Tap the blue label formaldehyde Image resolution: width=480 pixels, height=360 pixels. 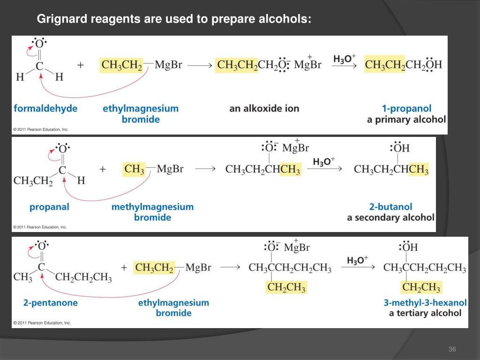click(45, 108)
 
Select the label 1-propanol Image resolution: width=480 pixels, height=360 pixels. click(406, 108)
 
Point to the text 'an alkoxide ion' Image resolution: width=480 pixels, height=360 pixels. click(264, 108)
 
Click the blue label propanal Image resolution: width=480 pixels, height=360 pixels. click(49, 207)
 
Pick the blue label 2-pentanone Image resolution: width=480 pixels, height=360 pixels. click(51, 303)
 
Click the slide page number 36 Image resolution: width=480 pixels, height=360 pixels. click(452, 349)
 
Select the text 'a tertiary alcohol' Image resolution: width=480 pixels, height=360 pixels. click(425, 313)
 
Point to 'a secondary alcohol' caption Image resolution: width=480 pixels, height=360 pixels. click(390, 217)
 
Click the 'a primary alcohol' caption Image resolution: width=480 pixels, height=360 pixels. click(406, 120)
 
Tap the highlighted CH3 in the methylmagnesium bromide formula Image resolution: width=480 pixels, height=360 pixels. click(135, 169)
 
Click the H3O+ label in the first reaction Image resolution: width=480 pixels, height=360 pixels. click(345, 59)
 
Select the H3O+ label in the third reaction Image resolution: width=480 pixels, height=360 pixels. click(357, 260)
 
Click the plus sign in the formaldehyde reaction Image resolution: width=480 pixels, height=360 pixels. click(81, 66)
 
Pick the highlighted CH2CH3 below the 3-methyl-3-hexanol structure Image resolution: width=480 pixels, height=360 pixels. click(421, 287)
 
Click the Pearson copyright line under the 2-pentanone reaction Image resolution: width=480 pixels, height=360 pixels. click(42, 323)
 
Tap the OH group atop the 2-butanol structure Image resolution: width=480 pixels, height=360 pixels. click(401, 149)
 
